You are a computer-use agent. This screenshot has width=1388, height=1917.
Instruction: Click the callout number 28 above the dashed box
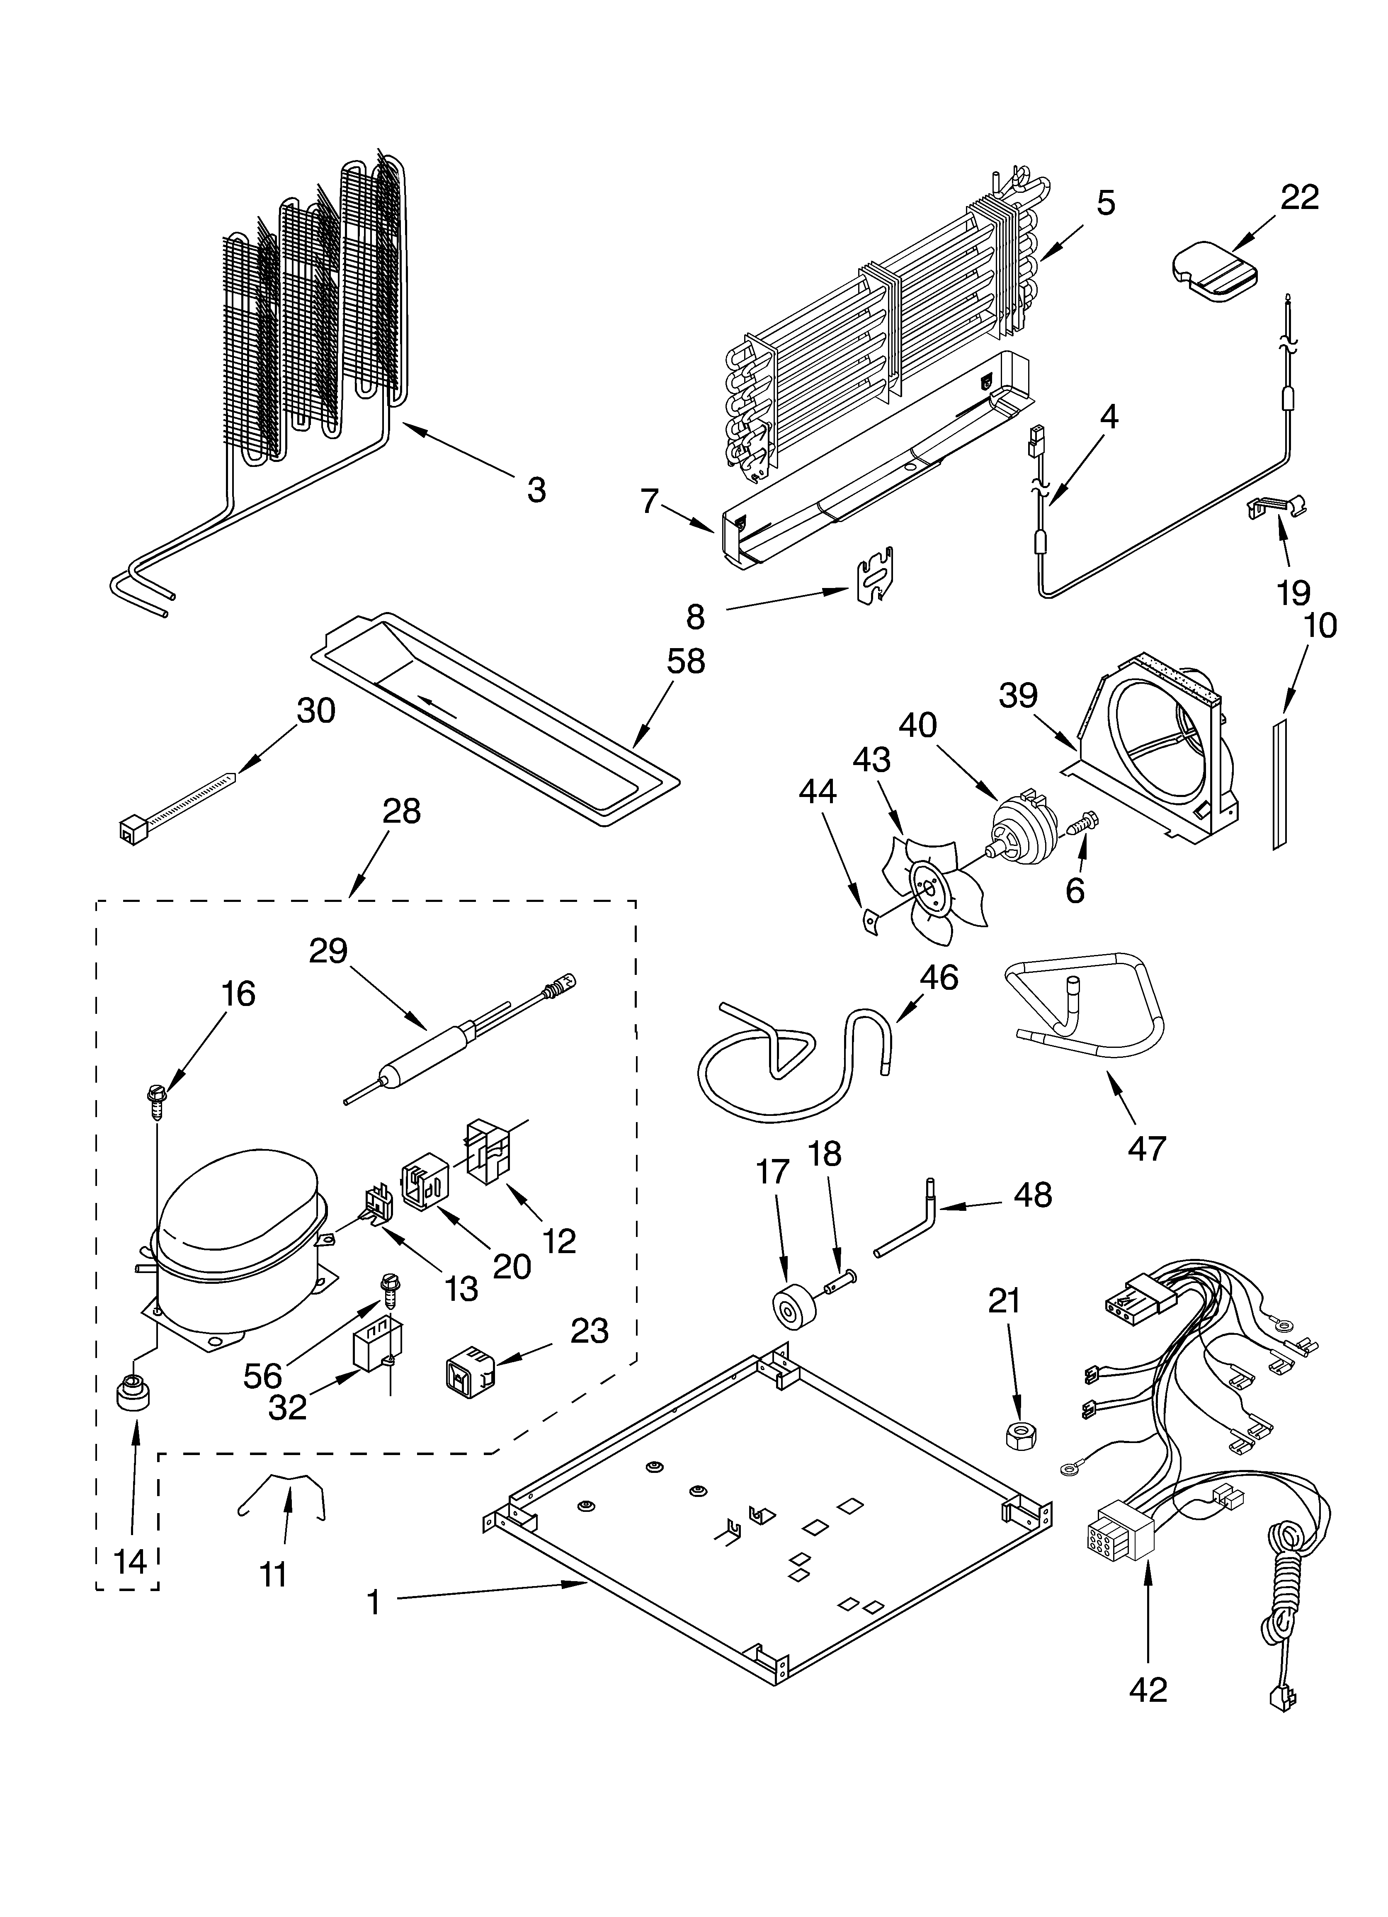pos(400,812)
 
